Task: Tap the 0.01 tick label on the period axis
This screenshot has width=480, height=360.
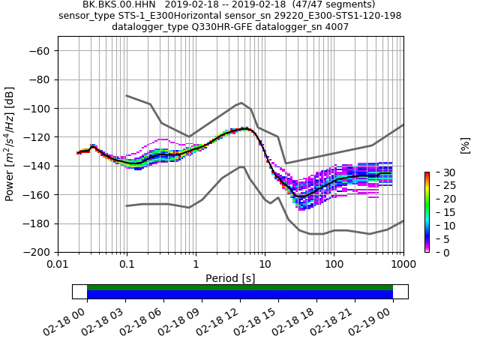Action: click(x=58, y=264)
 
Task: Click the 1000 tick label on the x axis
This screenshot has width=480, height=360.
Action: click(x=403, y=264)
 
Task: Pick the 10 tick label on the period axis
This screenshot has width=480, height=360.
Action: click(x=265, y=264)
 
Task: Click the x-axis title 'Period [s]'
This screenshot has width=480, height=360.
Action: click(x=230, y=277)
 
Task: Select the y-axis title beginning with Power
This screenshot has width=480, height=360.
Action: click(x=10, y=144)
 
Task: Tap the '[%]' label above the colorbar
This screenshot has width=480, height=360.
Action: click(x=465, y=145)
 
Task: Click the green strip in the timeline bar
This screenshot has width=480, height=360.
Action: click(x=240, y=287)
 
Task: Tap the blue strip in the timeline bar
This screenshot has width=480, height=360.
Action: click(x=240, y=295)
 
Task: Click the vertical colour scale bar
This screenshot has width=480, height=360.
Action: click(x=427, y=212)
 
